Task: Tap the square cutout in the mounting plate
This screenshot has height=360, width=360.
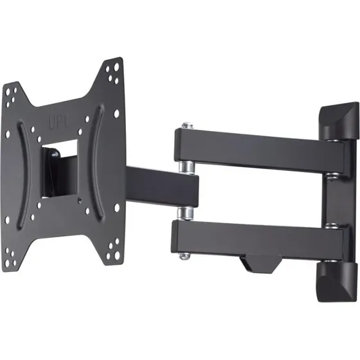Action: [x=60, y=168]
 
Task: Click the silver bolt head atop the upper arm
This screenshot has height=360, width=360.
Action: [x=186, y=124]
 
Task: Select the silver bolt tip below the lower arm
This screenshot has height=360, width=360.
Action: [x=184, y=256]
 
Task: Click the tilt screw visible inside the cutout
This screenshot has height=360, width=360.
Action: [x=55, y=154]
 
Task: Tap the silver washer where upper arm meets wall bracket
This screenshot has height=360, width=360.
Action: [x=332, y=174]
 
